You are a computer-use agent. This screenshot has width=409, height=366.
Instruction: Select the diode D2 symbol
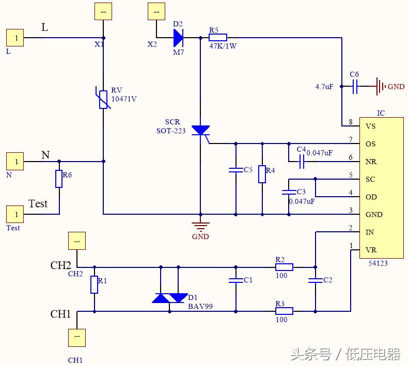179,37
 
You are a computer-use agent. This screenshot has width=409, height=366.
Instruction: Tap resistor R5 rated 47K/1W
218,37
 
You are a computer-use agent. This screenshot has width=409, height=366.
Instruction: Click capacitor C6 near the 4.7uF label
355,87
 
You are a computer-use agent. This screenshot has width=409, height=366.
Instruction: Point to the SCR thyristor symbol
200,131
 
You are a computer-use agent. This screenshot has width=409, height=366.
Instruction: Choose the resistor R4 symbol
262,174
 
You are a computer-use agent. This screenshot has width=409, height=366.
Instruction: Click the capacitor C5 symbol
235,170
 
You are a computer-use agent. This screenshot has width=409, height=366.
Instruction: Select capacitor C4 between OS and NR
302,162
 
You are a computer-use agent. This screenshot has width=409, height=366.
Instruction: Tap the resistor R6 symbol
59,179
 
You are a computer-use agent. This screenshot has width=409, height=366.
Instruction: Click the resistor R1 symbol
95,284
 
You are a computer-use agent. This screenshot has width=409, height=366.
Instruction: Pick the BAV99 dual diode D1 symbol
170,298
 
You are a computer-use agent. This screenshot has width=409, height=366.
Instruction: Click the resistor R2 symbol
284,267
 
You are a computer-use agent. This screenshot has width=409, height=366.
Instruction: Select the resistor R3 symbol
284,311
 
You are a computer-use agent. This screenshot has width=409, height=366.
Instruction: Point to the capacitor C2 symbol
314,281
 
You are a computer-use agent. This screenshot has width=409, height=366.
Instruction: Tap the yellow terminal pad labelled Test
15,214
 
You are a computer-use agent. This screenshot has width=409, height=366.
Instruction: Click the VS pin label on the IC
370,126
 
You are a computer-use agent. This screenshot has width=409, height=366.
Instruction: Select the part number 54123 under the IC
378,263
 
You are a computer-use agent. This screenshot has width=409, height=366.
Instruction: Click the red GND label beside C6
396,87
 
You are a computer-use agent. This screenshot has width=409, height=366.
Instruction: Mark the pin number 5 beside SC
351,176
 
